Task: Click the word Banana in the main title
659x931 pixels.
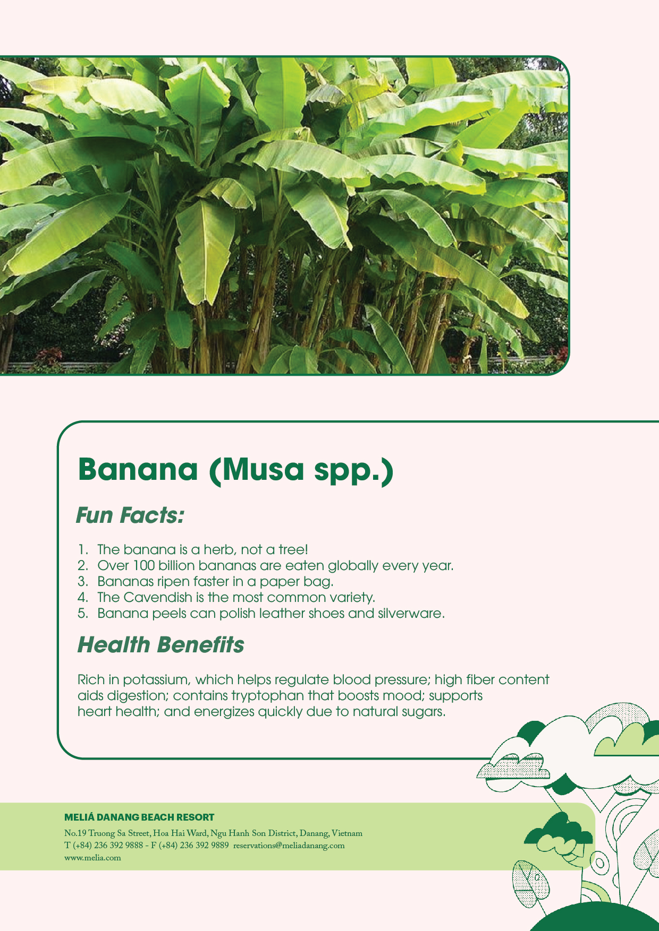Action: (138, 469)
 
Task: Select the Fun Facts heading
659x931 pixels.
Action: (130, 515)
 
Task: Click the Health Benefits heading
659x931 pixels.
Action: (160, 645)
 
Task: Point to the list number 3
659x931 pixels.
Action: (82, 582)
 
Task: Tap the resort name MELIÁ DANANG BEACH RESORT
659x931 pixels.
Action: (139, 817)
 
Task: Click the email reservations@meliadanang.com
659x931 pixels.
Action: (289, 846)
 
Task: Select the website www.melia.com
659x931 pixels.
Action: (92, 858)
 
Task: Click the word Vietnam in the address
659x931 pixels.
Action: (347, 833)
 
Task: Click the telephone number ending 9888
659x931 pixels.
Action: (108, 846)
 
